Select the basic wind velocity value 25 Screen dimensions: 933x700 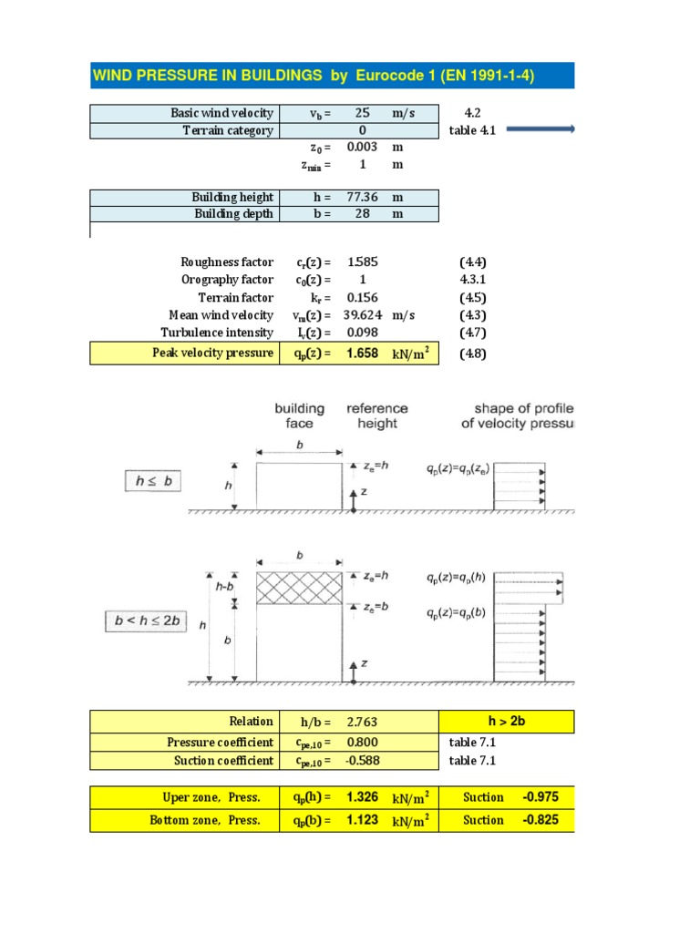[x=362, y=113]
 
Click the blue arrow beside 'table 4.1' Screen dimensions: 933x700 [x=540, y=130]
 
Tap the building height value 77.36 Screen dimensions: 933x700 [x=362, y=197]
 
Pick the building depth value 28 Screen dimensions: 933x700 [x=362, y=214]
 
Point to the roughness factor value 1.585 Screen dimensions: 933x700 [x=362, y=262]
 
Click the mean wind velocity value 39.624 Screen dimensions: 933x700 [x=362, y=315]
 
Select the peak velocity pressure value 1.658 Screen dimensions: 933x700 [x=362, y=353]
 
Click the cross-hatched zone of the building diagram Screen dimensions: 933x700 [x=299, y=589]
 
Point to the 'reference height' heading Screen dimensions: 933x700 [x=377, y=416]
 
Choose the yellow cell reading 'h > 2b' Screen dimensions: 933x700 [x=507, y=723]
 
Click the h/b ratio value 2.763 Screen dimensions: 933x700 [x=362, y=723]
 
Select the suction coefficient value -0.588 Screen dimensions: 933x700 [x=362, y=761]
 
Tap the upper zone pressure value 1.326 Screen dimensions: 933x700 [x=362, y=798]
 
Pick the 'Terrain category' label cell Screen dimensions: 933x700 [x=228, y=130]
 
